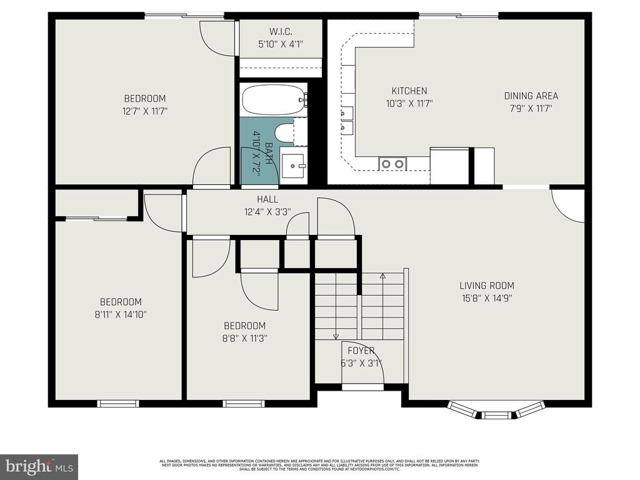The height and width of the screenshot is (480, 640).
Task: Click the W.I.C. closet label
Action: tap(281, 31)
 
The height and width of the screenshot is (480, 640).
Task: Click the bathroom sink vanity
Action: tap(292, 166)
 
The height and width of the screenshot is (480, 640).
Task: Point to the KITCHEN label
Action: tap(409, 91)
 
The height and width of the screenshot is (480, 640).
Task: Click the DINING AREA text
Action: tap(531, 96)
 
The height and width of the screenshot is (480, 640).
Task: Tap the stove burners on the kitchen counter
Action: tap(392, 164)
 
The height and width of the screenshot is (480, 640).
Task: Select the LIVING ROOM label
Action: tap(487, 286)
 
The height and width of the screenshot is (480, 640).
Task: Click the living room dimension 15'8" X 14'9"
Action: tap(487, 298)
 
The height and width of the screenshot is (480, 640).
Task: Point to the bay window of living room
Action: tap(494, 411)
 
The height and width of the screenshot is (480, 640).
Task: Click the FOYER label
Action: tap(361, 351)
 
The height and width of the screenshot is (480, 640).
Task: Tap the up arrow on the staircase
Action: tap(383, 276)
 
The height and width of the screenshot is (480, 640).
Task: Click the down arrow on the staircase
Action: tap(336, 336)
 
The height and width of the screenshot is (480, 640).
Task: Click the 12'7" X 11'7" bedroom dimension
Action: tap(144, 111)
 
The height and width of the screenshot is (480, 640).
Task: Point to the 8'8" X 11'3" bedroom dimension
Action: tap(244, 338)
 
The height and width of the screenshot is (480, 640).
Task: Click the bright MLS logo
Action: tap(39, 466)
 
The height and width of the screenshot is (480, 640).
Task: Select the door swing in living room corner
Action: tap(569, 206)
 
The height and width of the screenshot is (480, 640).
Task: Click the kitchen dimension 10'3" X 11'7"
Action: tap(409, 104)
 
